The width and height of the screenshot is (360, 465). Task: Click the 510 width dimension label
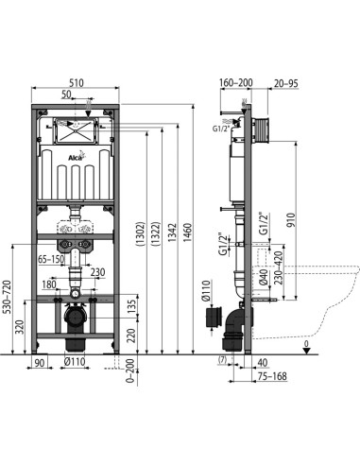[x=76, y=82]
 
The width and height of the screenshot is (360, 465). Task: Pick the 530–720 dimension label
[x=7, y=297]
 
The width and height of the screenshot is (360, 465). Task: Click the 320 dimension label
[x=20, y=327]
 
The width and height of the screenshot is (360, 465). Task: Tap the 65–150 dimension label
[x=51, y=259]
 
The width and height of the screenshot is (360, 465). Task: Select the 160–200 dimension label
[x=236, y=82]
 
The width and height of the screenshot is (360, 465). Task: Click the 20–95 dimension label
[x=285, y=83]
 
